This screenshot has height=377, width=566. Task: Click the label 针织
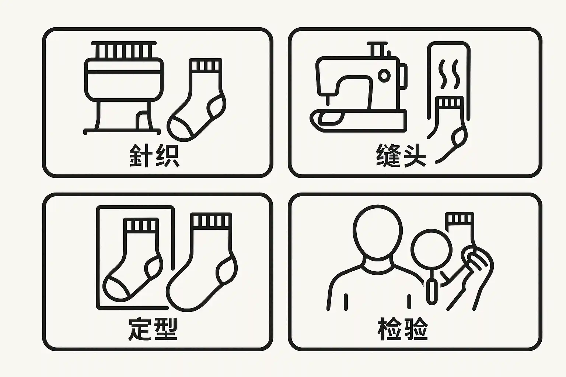coord(154,155)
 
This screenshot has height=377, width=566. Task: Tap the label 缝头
coord(401,155)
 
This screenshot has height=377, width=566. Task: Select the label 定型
coord(153,329)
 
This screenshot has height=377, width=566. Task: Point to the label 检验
coord(403,329)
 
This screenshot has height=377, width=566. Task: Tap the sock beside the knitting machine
coord(197,100)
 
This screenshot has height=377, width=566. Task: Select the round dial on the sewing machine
coord(384,75)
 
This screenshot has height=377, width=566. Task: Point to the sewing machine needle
coord(328,100)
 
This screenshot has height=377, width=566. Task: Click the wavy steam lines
coord(449,74)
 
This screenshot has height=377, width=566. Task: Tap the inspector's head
coord(377,232)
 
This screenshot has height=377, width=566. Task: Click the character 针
coord(141,155)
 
